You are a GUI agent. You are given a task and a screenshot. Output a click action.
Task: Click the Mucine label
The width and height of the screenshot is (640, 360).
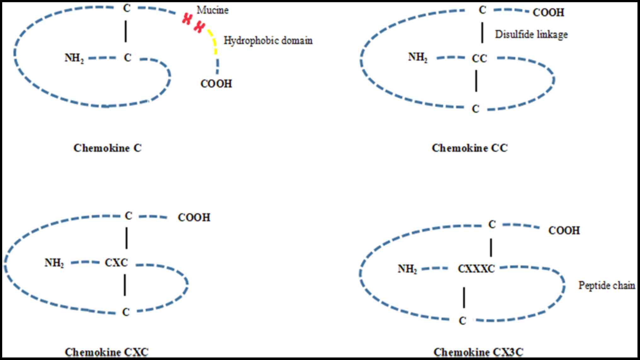pos(212,10)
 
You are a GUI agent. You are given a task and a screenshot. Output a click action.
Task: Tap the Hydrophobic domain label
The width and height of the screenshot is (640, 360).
pos(268,41)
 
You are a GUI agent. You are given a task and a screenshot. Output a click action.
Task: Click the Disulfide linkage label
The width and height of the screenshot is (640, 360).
pos(531,34)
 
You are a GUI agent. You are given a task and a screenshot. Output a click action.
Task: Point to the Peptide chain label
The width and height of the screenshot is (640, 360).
pos(607,285)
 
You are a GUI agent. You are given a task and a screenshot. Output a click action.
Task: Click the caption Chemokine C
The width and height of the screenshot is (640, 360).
pos(107,148)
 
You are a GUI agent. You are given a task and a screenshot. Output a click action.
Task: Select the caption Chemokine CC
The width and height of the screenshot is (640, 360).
pos(470,148)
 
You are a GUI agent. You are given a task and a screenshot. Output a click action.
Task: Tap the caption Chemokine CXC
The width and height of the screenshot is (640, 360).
pos(107,352)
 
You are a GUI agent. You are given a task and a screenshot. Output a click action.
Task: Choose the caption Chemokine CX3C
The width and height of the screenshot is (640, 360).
pos(478,352)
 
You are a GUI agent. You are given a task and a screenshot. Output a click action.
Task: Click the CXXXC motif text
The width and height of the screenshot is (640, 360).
pos(476,269)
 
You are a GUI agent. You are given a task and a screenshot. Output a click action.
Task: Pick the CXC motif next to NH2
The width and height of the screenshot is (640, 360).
pos(116,263)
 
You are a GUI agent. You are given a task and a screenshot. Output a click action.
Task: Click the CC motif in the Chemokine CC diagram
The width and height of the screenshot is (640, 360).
pos(479,58)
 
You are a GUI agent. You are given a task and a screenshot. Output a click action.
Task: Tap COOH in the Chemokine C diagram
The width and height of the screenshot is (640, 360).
pos(216,84)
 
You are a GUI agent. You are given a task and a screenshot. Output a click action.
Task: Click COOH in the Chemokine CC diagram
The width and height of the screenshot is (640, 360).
pos(548,13)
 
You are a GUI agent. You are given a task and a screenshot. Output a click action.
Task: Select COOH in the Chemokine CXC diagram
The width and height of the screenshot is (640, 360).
pos(194,218)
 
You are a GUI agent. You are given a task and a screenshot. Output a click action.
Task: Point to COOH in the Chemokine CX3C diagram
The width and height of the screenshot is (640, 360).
pos(564,230)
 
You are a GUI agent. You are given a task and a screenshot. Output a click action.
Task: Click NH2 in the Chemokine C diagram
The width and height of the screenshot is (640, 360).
pos(74,58)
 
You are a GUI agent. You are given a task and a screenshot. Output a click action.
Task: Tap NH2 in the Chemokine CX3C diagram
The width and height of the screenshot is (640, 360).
pos(407,269)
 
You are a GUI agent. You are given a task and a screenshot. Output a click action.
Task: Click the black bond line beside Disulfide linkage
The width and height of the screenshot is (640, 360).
pos(482,33)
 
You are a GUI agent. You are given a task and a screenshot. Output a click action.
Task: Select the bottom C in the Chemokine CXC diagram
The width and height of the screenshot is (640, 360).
pos(126,312)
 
